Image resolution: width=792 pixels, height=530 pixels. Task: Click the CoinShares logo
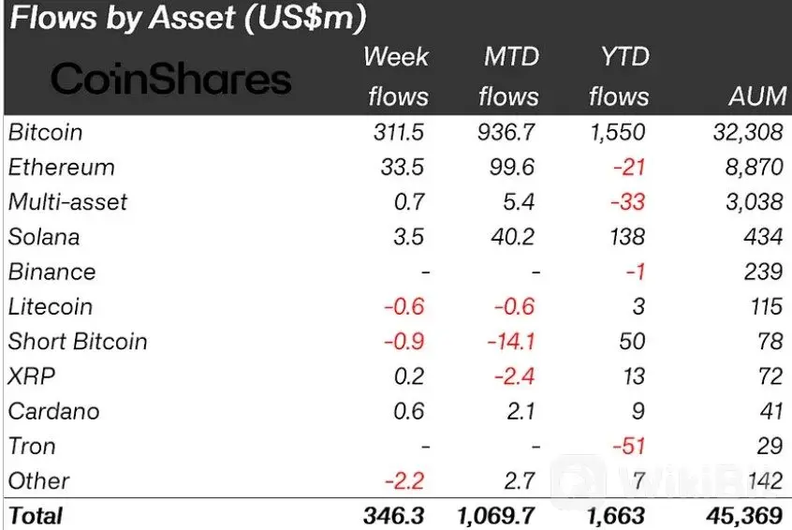tap(170, 79)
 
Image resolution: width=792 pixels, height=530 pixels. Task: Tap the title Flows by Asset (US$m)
tap(187, 18)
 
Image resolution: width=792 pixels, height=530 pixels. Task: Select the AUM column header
tap(755, 97)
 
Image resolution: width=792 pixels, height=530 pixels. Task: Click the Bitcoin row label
tap(45, 133)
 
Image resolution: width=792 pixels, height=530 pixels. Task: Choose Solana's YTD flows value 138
tap(626, 237)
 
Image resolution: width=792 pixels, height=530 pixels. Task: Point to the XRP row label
tap(31, 376)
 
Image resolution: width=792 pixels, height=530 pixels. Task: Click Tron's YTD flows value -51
tap(629, 446)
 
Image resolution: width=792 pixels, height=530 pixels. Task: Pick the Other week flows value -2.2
tap(404, 481)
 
